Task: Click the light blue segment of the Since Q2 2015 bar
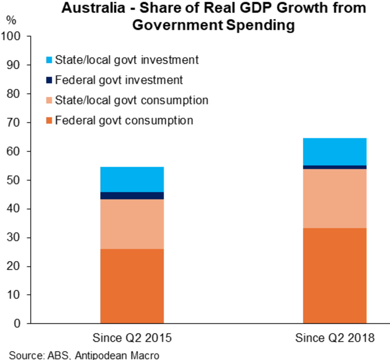[x=132, y=179]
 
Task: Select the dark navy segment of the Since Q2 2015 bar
[x=132, y=196]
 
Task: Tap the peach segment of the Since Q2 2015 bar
[x=132, y=224]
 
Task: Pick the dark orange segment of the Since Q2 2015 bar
[x=132, y=286]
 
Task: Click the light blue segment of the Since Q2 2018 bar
[x=335, y=152]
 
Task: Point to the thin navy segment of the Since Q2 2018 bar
[x=335, y=167]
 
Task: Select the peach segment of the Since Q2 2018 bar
[x=335, y=198]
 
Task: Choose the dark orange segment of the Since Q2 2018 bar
[x=335, y=276]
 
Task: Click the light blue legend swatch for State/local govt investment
[x=49, y=60]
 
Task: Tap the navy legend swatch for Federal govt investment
[x=49, y=80]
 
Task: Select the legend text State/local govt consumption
[x=131, y=100]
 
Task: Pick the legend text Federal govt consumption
[x=124, y=120]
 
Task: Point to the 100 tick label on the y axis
[x=11, y=36]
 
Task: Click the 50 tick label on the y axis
[x=13, y=180]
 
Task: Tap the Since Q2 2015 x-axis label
[x=132, y=338]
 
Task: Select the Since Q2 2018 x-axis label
[x=335, y=338]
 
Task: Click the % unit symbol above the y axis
[x=11, y=20]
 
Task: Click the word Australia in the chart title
[x=93, y=8]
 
